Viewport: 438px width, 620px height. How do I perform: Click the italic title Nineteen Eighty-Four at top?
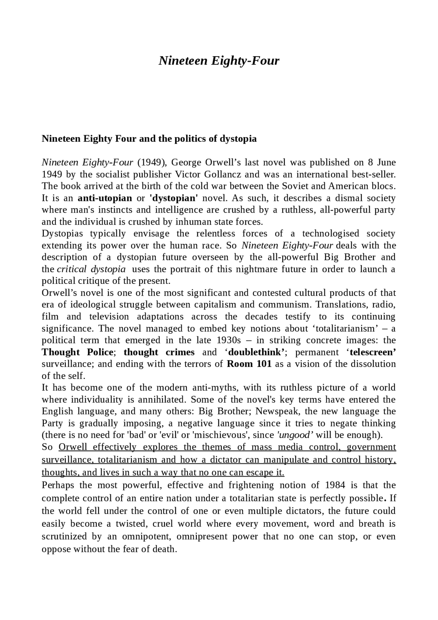point(219,61)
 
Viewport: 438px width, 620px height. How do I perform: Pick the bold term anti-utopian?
point(105,198)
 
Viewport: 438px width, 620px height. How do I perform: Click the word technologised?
point(330,233)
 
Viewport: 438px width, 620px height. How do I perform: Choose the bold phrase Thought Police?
point(77,352)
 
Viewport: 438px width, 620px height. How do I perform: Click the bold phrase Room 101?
point(249,364)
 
